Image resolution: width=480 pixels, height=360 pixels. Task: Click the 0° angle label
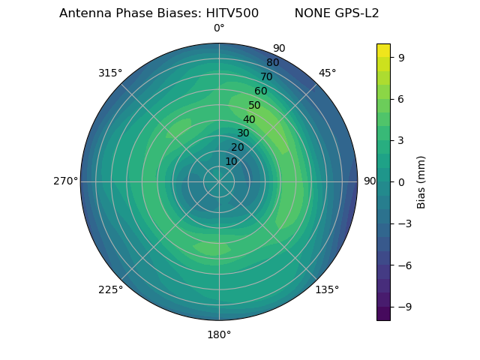pos(219,28)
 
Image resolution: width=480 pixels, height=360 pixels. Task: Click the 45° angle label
pos(327,73)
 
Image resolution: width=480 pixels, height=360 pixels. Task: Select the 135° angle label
pos(327,289)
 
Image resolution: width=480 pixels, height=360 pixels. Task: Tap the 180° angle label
pos(219,334)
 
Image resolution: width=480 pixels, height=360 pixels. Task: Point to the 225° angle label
pos(110,289)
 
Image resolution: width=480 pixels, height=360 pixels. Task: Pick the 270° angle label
pos(65,181)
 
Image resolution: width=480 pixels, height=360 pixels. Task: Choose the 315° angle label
pos(110,73)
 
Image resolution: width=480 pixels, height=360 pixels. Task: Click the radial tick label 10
pos(231,161)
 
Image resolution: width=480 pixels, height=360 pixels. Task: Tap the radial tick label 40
pos(249,120)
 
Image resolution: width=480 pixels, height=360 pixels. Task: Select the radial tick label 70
pos(267,76)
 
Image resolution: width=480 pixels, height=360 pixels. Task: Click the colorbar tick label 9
pos(402,57)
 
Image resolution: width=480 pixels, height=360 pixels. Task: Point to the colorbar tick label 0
pos(402,182)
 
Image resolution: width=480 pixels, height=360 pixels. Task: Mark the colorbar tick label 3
pos(402,140)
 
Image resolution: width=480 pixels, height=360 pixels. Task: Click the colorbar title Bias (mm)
pos(421,182)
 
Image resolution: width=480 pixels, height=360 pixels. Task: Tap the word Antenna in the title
pos(83,13)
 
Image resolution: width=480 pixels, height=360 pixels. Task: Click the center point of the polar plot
pos(219,181)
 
